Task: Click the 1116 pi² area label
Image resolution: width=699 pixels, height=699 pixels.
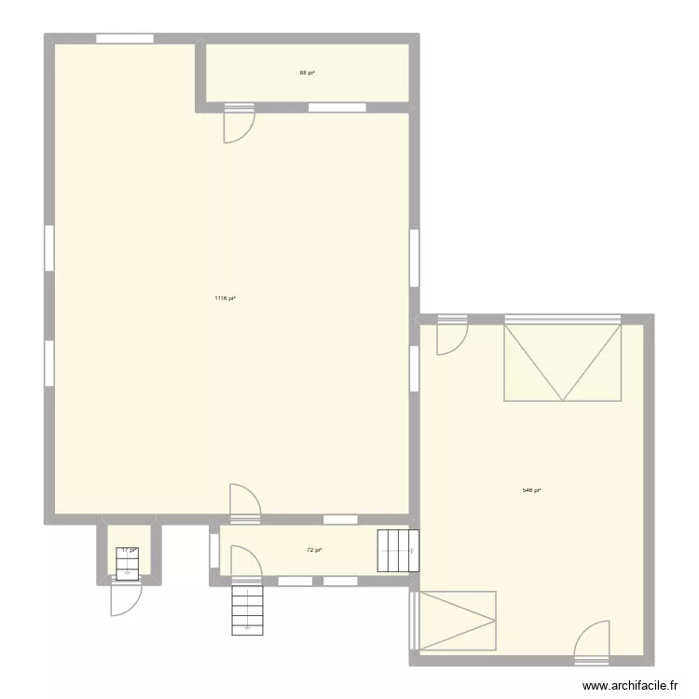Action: [225, 298]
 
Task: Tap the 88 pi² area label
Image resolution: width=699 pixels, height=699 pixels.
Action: [307, 72]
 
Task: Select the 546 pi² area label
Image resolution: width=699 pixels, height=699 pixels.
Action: [532, 490]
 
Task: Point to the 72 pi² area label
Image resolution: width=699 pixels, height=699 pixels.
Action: [315, 550]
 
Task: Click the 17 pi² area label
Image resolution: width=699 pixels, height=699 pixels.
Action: [129, 550]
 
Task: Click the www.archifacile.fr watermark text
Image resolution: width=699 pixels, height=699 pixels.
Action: [629, 686]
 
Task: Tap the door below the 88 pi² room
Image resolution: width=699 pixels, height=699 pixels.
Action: [238, 125]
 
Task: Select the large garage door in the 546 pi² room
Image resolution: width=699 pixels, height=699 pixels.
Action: [562, 362]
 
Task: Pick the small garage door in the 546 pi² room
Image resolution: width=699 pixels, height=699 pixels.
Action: [457, 620]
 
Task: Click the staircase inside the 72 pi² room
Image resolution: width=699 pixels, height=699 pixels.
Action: [398, 550]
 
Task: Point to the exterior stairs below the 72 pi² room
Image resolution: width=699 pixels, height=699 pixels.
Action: [248, 610]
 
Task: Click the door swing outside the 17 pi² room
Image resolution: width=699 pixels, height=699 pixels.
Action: [124, 596]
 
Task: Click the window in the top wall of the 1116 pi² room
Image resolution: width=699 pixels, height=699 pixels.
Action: [124, 39]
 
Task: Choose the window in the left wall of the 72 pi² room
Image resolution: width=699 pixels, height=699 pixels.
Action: [213, 551]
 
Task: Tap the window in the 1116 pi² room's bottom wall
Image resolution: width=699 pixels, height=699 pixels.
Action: [339, 518]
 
